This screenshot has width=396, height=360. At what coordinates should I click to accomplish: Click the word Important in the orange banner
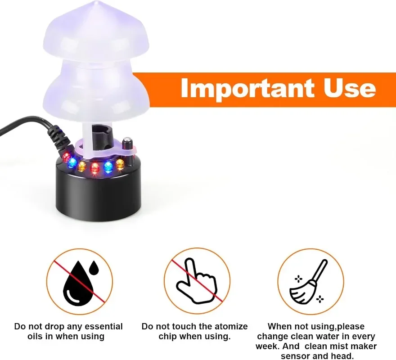tap(242, 89)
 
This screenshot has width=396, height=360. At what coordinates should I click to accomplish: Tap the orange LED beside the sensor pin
tap(120, 164)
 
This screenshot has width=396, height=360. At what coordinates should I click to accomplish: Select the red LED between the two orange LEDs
tap(94, 168)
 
